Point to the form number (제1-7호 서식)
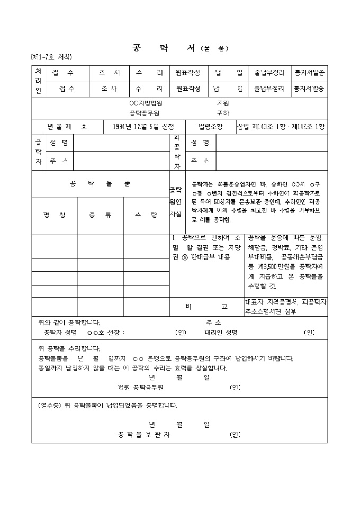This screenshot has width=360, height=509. (x=51, y=57)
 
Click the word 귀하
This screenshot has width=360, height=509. (x=223, y=113)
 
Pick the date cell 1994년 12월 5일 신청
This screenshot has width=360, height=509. (x=142, y=127)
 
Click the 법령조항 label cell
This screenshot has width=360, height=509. (x=210, y=127)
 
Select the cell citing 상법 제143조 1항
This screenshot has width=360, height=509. (x=281, y=127)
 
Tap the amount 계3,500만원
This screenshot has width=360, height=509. (x=277, y=267)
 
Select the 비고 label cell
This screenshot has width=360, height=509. (x=206, y=306)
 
